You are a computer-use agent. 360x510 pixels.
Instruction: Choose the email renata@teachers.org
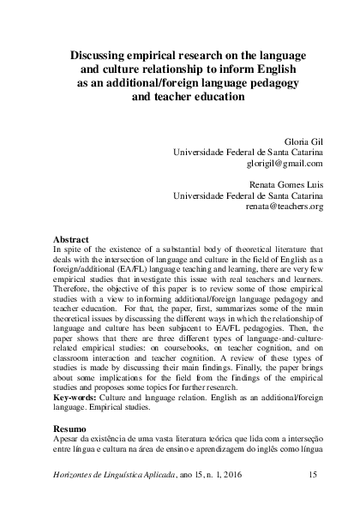[284, 207]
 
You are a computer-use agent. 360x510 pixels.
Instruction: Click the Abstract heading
[70, 238]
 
